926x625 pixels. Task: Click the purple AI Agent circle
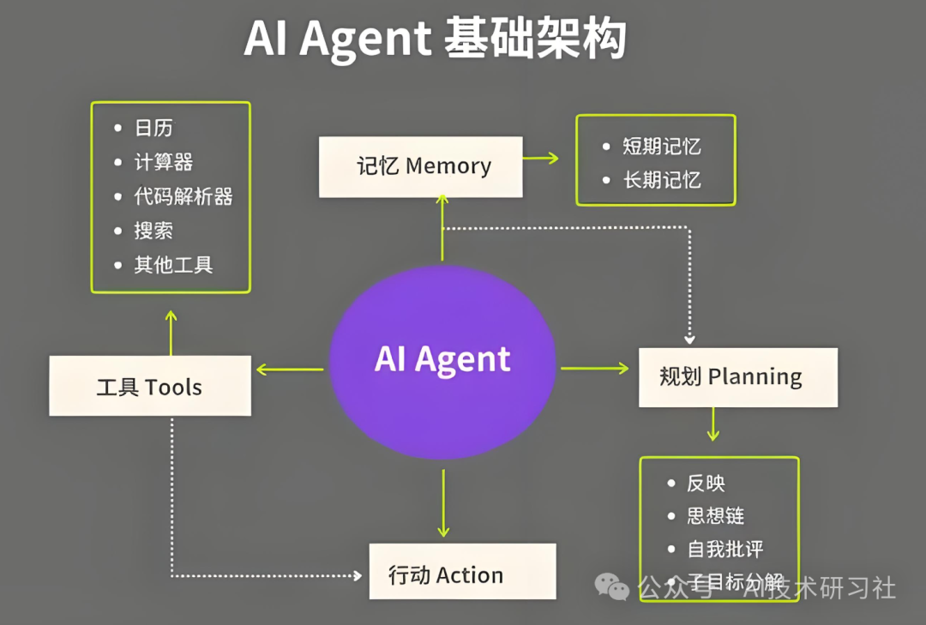point(442,361)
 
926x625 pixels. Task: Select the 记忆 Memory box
point(421,166)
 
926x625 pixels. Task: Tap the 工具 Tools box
point(150,387)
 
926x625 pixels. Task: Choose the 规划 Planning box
point(737,377)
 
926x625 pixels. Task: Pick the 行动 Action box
point(462,572)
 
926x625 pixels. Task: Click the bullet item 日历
point(153,128)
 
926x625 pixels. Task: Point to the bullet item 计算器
point(164,162)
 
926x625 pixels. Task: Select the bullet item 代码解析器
point(183,196)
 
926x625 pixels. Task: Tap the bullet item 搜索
point(153,231)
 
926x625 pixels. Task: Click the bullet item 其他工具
point(172,265)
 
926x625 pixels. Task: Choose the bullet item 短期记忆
point(661,147)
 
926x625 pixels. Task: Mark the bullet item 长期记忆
point(661,180)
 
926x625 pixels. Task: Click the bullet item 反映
point(706,484)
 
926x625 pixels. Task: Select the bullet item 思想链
point(715,516)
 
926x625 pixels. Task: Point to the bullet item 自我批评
point(725,550)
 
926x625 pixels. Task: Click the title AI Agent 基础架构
point(435,39)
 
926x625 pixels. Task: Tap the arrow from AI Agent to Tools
point(290,370)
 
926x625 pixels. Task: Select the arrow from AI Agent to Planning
point(595,369)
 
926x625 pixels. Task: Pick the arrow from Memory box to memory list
point(540,158)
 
